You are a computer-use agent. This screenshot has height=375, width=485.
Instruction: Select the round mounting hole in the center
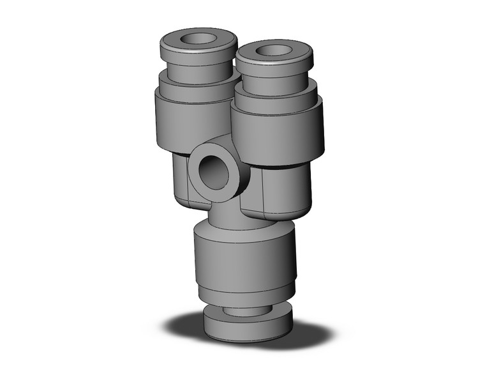coord(212,169)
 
